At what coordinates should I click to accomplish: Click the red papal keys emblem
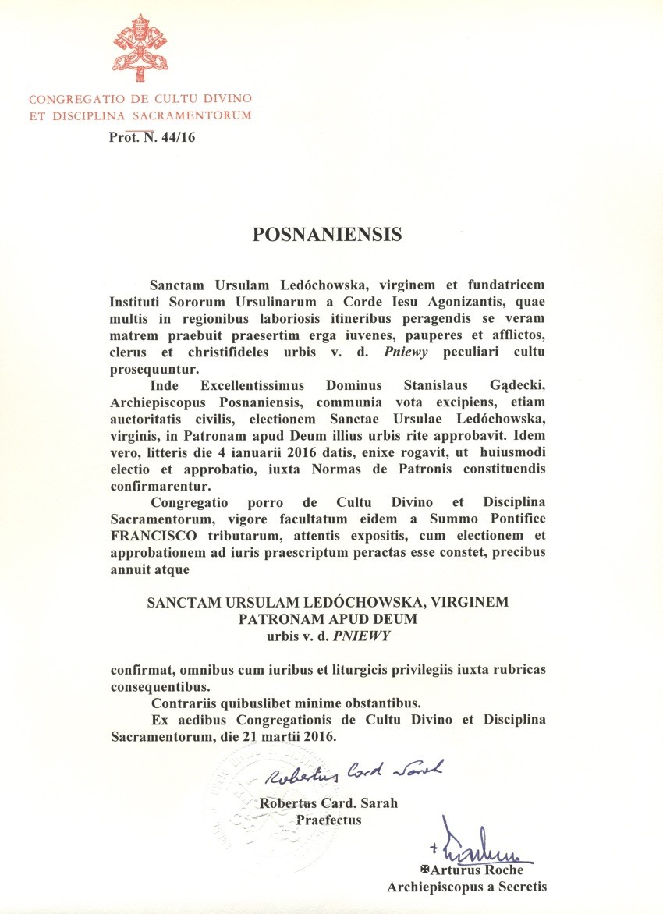141,48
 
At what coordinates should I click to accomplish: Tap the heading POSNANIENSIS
328,234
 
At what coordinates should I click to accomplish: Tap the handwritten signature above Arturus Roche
477,846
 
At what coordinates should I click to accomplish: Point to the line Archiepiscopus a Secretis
467,886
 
